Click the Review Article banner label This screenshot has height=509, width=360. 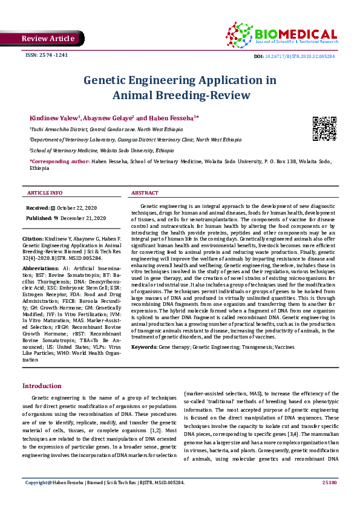point(48,39)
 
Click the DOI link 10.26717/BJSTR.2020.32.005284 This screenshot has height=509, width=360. point(301,56)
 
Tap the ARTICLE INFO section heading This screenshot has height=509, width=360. point(45,193)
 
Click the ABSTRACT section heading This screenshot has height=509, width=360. point(145,193)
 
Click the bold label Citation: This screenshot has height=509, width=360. point(33,240)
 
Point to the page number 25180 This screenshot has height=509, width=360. point(329,482)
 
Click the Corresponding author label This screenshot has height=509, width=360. point(59,162)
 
